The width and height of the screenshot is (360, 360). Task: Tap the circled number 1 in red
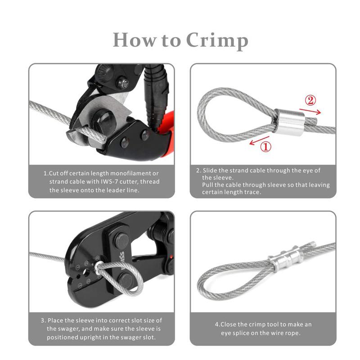tap(266, 146)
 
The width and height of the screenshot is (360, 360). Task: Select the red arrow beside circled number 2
tap(310, 110)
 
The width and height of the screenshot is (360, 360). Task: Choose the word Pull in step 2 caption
tap(209, 185)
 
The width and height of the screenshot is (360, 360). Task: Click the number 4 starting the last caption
tap(216, 324)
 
